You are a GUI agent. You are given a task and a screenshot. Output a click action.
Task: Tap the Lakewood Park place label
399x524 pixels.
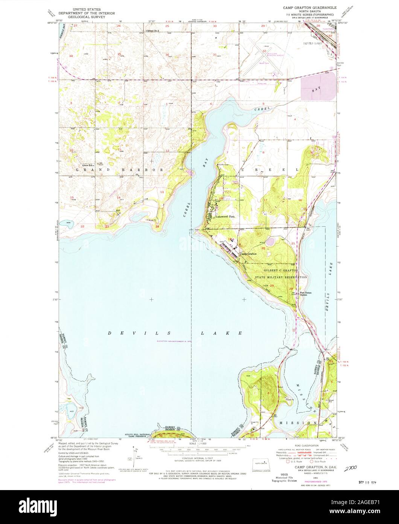click(225, 217)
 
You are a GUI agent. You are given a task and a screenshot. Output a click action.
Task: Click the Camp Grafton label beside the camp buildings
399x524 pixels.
click(248, 254)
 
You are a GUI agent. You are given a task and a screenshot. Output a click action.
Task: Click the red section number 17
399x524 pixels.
click(265, 200)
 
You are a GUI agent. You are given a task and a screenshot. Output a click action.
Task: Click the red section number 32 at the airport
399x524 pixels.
click(264, 51)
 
